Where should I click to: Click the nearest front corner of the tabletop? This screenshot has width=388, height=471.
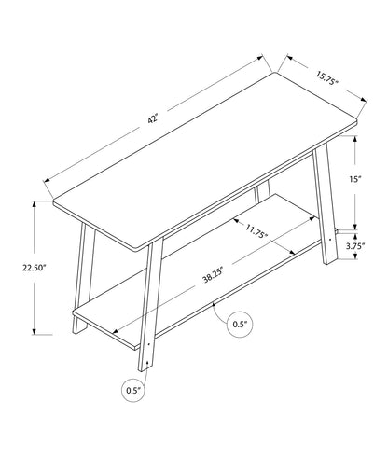pyautogui.click(x=147, y=244)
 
